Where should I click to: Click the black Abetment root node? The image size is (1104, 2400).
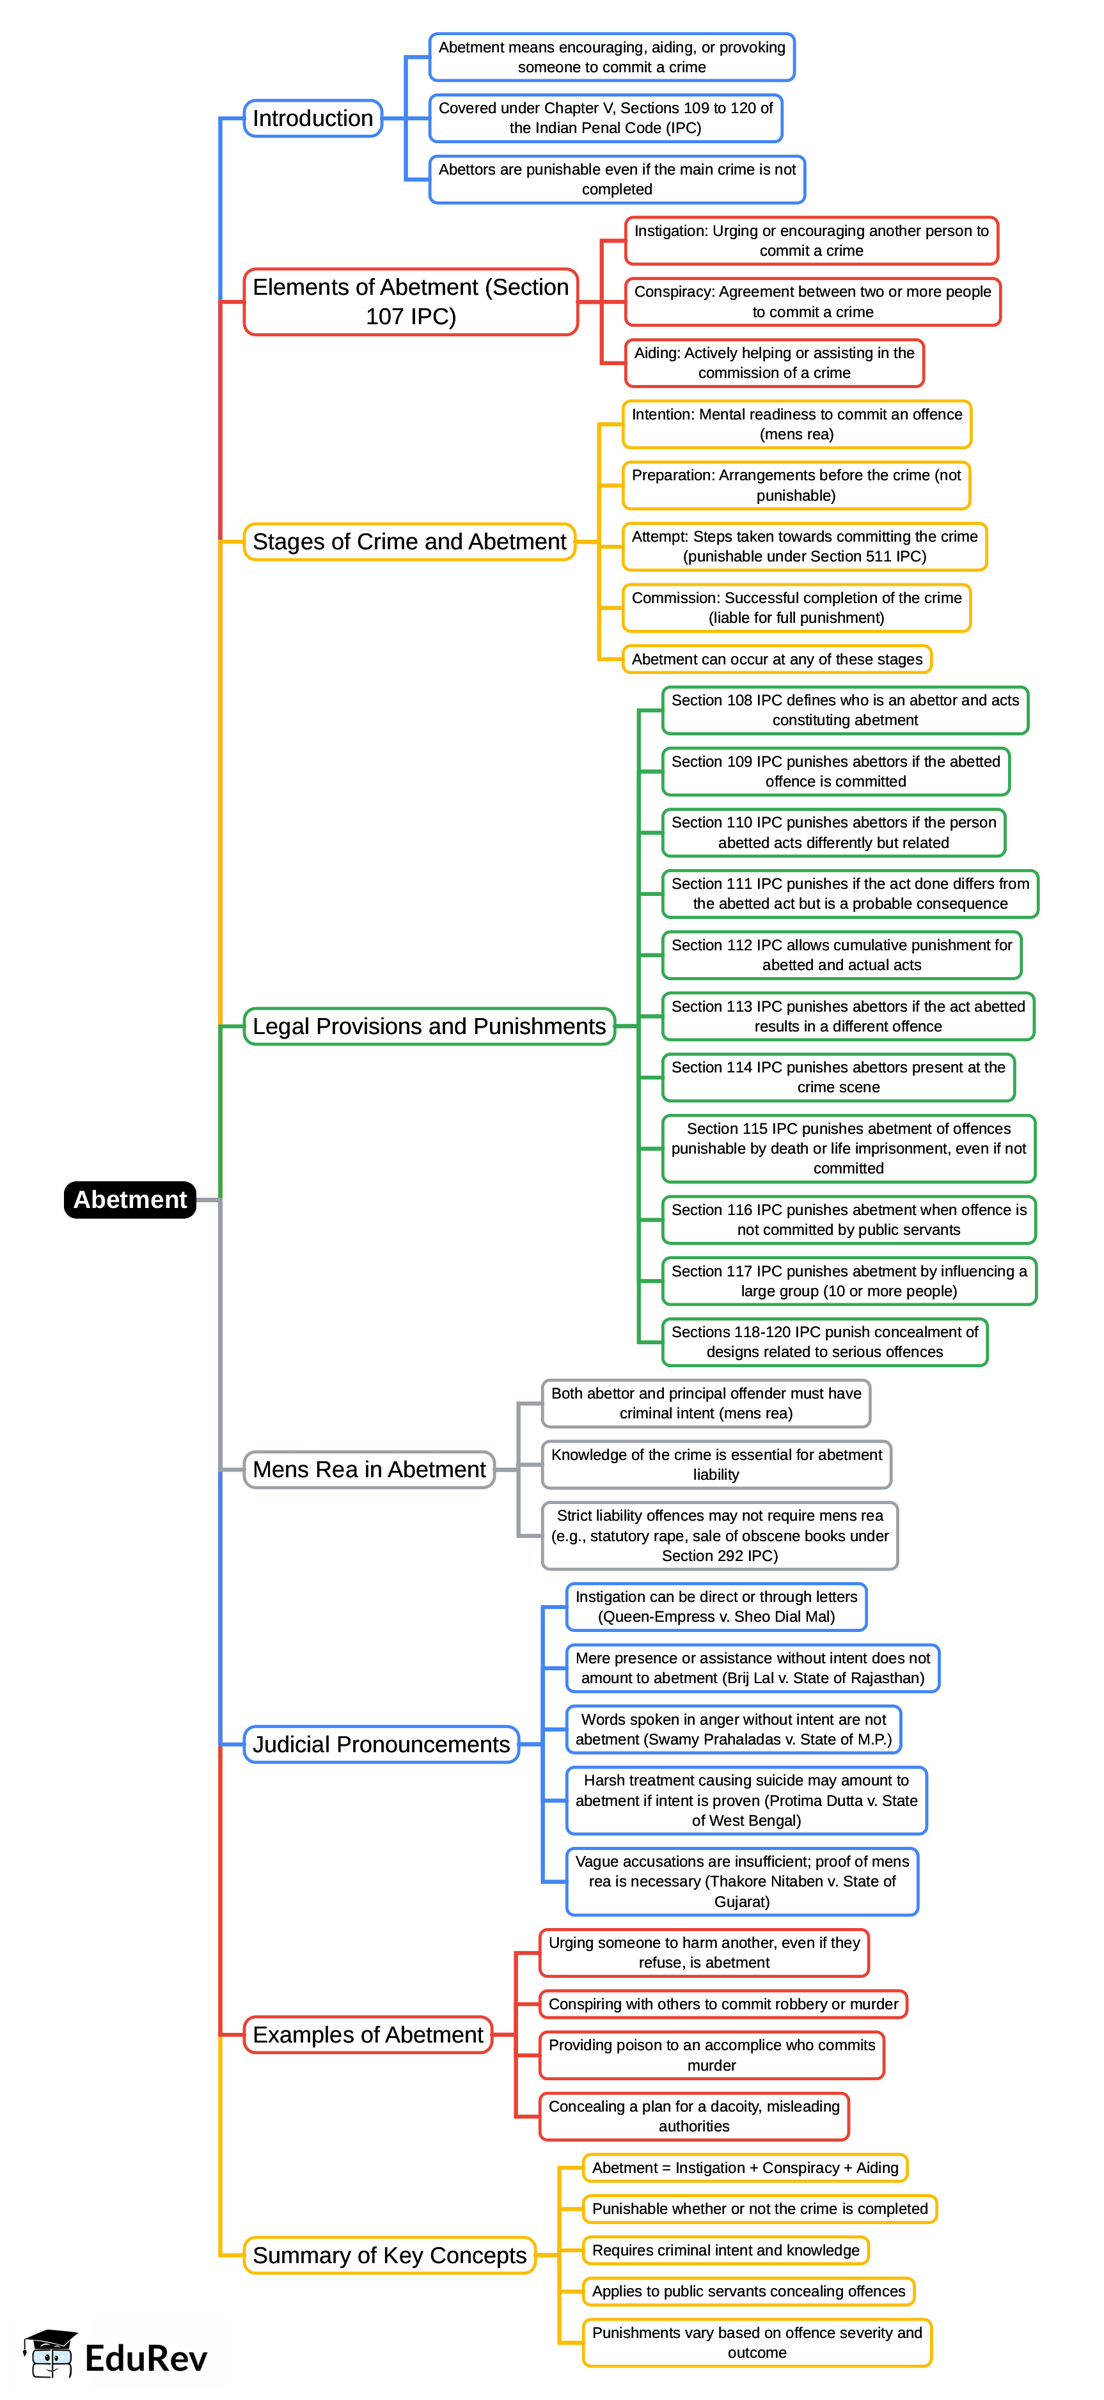[x=129, y=1199]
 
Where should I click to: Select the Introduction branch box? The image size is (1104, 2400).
[x=313, y=118]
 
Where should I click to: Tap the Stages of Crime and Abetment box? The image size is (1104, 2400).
[x=409, y=541]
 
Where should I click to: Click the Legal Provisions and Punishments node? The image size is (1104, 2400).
[x=429, y=1026]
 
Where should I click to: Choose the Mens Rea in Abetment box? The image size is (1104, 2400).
[x=369, y=1470]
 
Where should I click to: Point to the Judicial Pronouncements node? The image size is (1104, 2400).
[x=381, y=1744]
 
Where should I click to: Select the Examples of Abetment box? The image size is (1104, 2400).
[x=368, y=2035]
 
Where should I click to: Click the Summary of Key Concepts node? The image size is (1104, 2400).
[x=390, y=2255]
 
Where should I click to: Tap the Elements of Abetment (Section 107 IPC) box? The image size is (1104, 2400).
[x=410, y=301]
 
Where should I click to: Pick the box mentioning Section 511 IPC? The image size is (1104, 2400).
[x=804, y=546]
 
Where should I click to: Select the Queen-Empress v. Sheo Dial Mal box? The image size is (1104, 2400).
[x=716, y=1606]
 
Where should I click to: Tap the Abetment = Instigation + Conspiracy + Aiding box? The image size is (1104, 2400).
[x=745, y=2168]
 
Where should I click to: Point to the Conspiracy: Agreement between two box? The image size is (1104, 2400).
[x=812, y=302]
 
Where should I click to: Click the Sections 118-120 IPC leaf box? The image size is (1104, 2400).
[x=824, y=1342]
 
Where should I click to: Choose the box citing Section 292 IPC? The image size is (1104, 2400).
[x=719, y=1535]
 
